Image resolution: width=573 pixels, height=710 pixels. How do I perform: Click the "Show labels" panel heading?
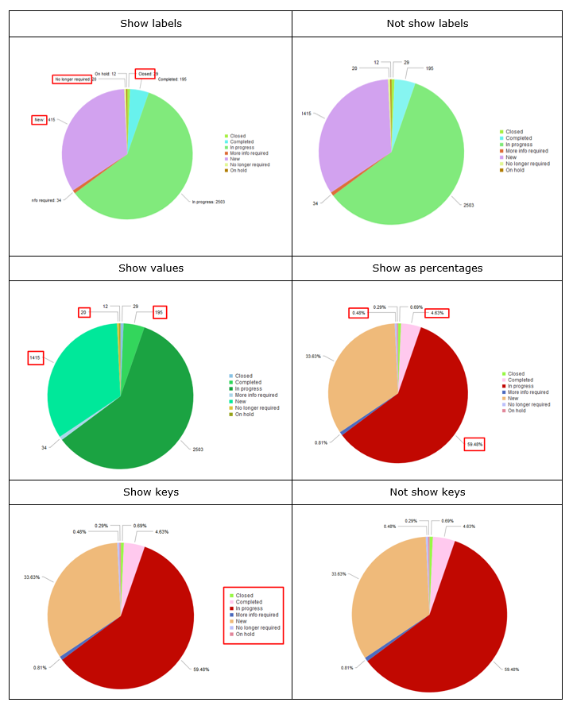pyautogui.click(x=151, y=23)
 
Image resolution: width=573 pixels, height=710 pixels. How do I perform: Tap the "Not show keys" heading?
pyautogui.click(x=427, y=492)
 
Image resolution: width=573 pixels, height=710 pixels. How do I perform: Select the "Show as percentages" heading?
pyautogui.click(x=427, y=268)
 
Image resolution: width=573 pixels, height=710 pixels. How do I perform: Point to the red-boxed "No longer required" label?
pyautogui.click(x=72, y=79)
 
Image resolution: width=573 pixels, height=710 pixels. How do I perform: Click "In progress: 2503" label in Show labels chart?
pyautogui.click(x=208, y=202)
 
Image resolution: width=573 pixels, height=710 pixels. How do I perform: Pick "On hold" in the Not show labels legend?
pyautogui.click(x=515, y=170)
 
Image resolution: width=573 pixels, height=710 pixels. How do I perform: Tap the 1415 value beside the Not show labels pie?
pyautogui.click(x=306, y=114)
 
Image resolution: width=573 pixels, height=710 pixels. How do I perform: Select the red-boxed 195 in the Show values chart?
pyautogui.click(x=160, y=312)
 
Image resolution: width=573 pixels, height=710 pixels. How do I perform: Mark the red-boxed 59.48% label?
pyautogui.click(x=474, y=444)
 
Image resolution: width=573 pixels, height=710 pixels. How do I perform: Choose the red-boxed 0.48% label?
pyautogui.click(x=358, y=313)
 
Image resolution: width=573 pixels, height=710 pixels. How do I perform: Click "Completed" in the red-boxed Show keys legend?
pyautogui.click(x=249, y=602)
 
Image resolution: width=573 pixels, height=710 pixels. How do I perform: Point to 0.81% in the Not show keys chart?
pyautogui.click(x=347, y=668)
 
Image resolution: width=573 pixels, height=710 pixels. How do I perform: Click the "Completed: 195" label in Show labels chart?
pyautogui.click(x=172, y=79)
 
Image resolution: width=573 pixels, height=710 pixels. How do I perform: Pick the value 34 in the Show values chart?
pyautogui.click(x=45, y=448)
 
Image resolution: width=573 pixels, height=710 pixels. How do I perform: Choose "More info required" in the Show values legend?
pyautogui.click(x=256, y=395)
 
